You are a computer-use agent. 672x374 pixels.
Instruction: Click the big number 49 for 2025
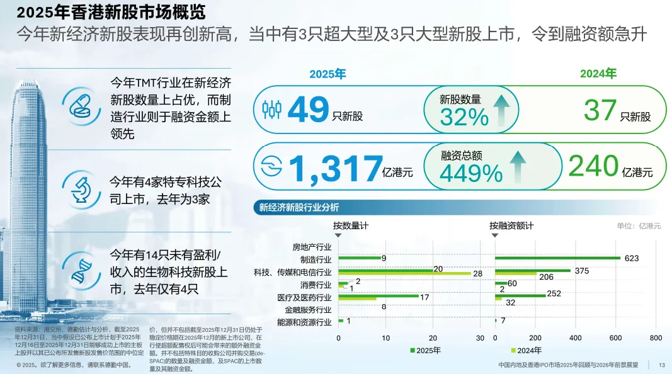click(x=308, y=110)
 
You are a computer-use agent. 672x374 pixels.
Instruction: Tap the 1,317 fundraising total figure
click(x=336, y=167)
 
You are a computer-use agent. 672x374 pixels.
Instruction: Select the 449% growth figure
click(x=470, y=173)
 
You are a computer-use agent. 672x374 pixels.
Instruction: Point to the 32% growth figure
click(x=464, y=116)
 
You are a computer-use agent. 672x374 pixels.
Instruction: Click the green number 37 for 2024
click(x=600, y=110)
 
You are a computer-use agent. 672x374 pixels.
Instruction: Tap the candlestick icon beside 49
click(x=271, y=110)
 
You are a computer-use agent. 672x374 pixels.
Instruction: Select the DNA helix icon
click(x=83, y=270)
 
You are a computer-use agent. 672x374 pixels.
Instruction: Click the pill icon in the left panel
click(x=83, y=104)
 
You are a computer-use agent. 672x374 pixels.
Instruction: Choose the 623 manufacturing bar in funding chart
click(x=558, y=258)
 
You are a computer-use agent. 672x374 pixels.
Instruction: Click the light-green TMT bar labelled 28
click(x=404, y=274)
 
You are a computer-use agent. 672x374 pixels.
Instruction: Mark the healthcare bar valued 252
click(x=520, y=295)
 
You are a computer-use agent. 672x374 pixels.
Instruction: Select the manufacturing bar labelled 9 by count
click(x=360, y=258)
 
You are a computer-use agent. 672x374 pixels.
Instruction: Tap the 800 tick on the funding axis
click(x=656, y=338)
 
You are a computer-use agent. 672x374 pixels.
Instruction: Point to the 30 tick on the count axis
click(x=480, y=338)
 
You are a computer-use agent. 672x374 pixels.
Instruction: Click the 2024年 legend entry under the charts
click(x=525, y=351)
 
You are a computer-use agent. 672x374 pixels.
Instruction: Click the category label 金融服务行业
click(x=308, y=310)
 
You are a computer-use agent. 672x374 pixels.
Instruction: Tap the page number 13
click(x=662, y=365)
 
